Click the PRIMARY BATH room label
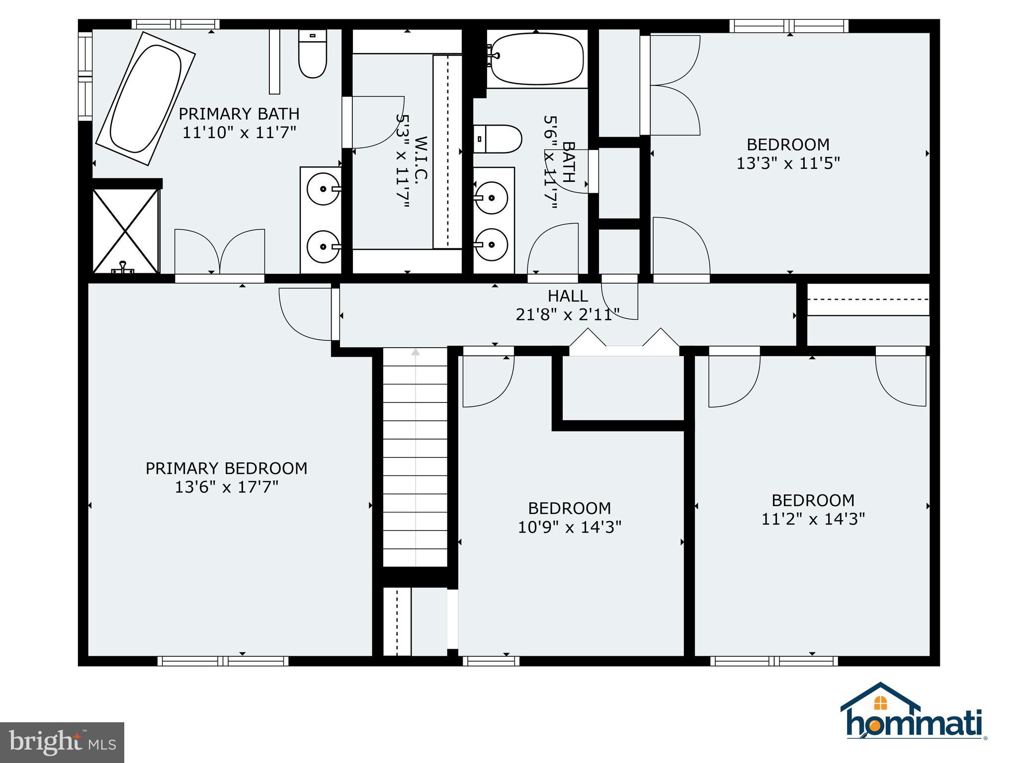pos(239,114)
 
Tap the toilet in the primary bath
pos(313,55)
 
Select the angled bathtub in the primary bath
pos(145,98)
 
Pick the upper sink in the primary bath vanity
pos(324,189)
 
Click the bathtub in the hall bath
pos(536,59)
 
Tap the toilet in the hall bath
pos(497,139)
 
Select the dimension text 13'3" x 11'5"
pos(788,163)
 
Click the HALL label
pos(568,296)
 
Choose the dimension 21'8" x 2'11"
pos(568,315)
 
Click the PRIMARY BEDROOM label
pos(226,468)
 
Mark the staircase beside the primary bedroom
pos(416,457)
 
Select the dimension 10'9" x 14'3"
pos(570,527)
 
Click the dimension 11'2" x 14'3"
pos(813,519)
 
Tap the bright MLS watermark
pos(62,742)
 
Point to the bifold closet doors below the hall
pos(624,343)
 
